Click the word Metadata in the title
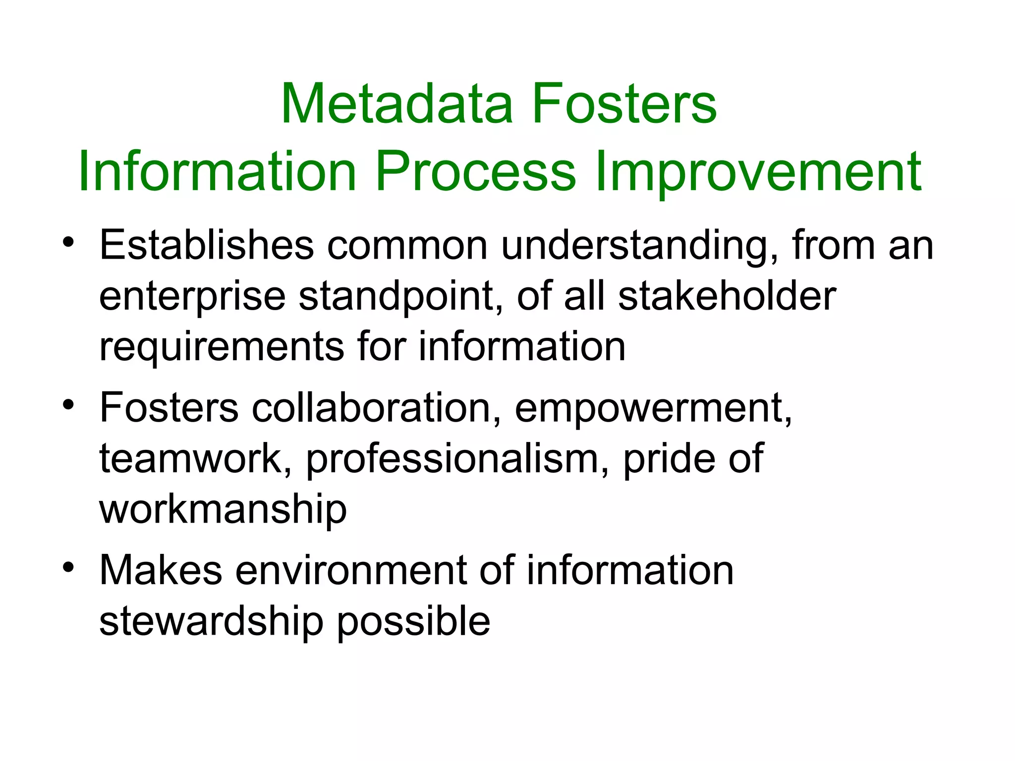click(396, 104)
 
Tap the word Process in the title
click(476, 171)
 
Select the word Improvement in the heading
click(758, 171)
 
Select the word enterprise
click(192, 297)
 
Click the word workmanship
click(223, 510)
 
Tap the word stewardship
click(211, 622)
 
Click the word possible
click(414, 622)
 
